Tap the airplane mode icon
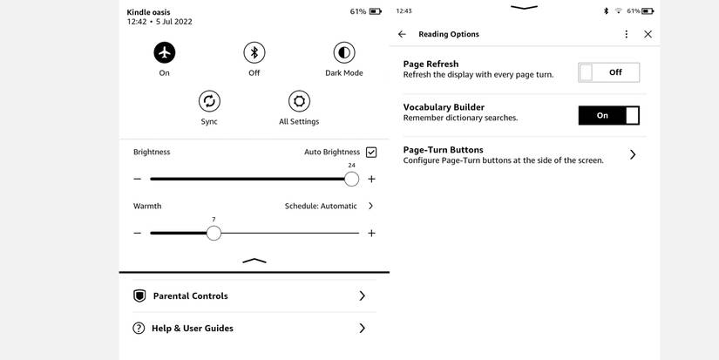pos(164,52)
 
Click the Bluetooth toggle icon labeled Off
pos(254,52)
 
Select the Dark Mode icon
pos(344,52)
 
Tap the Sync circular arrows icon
pos(209,100)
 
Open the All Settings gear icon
pos(299,100)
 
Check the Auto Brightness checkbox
pos(371,153)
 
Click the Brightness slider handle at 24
pos(351,179)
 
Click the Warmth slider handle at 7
pos(214,233)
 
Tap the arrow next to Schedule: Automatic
pos(370,207)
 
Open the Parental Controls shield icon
pos(139,296)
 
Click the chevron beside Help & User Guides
pos(362,329)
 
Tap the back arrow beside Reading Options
pos(402,34)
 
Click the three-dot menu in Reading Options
pos(626,34)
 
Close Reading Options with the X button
pos(648,34)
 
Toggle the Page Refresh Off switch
pos(608,72)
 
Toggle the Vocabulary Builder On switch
pos(608,115)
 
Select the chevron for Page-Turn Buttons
pos(633,154)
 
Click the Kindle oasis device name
pos(148,12)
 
